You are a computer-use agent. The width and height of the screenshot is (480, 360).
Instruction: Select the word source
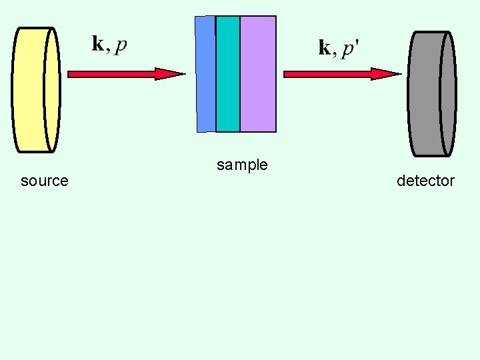45,181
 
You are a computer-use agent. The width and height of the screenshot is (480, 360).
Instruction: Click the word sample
242,165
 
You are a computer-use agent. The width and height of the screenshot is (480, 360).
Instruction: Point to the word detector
425,181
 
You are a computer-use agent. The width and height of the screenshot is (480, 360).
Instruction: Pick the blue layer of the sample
205,73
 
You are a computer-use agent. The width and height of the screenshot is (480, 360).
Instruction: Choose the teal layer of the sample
228,73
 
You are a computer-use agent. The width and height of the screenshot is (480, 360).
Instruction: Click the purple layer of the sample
258,73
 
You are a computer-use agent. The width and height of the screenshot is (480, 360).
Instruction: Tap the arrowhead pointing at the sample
171,74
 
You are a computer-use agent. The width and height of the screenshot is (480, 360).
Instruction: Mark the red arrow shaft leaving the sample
327,74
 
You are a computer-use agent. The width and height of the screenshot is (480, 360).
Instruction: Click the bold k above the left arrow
97,45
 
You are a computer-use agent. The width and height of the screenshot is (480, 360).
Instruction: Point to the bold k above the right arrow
325,47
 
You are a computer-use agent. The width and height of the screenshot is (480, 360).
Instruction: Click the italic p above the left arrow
121,46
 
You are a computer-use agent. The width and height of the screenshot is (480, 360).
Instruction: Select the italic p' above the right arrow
350,50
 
